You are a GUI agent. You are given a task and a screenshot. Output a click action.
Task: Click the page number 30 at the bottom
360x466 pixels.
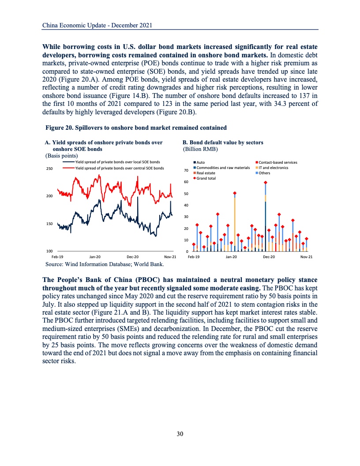[180, 434]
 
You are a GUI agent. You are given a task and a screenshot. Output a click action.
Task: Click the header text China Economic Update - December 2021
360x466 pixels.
[97, 26]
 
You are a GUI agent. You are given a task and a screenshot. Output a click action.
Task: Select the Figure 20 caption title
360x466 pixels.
[136, 128]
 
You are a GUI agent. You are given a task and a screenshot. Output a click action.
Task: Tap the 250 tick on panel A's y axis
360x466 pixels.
[49, 169]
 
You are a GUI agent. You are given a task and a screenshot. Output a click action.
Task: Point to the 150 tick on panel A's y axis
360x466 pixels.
[49, 224]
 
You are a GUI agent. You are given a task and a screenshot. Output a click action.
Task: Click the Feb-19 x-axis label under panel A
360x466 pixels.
[57, 257]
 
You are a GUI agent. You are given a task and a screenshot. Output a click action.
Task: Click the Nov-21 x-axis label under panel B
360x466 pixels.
[306, 257]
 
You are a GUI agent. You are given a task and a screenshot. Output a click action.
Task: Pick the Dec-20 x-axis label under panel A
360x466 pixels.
[132, 257]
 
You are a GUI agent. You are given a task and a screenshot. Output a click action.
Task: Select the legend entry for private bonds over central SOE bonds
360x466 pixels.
[119, 168]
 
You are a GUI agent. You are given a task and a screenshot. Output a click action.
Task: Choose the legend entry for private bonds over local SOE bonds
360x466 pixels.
[117, 162]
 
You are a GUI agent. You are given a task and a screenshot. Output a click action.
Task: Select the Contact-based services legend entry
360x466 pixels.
[278, 162]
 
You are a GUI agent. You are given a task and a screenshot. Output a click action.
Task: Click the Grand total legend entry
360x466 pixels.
[206, 178]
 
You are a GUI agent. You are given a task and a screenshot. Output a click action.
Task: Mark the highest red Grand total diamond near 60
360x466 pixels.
[266, 182]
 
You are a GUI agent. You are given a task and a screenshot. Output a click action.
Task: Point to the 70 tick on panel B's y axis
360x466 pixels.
[186, 170]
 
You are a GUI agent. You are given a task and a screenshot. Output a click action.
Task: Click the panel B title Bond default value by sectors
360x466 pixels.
[223, 143]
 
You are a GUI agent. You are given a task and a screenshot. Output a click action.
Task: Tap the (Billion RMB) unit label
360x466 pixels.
[200, 149]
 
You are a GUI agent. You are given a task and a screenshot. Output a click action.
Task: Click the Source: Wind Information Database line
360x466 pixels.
[105, 264]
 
